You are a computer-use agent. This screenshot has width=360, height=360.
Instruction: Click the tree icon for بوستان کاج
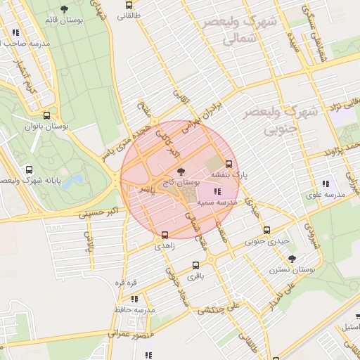click(x=181, y=171)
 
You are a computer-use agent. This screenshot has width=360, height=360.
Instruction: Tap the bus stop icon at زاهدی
click(x=165, y=235)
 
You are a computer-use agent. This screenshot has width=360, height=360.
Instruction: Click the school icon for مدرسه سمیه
click(x=216, y=191)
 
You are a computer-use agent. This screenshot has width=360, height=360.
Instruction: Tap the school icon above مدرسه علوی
click(x=324, y=184)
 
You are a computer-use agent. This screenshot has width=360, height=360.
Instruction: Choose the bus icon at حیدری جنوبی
click(x=266, y=230)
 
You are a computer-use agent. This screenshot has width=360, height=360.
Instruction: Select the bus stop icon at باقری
click(x=195, y=265)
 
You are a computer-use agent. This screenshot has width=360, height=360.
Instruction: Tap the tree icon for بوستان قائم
click(x=65, y=9)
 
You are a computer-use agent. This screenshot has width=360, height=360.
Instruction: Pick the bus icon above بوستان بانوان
click(x=46, y=115)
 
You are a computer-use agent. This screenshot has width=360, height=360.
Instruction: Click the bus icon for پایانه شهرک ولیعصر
click(x=29, y=169)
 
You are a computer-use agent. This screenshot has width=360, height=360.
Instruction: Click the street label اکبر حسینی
click(x=103, y=210)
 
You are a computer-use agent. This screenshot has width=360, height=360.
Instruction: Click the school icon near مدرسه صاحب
click(x=15, y=32)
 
